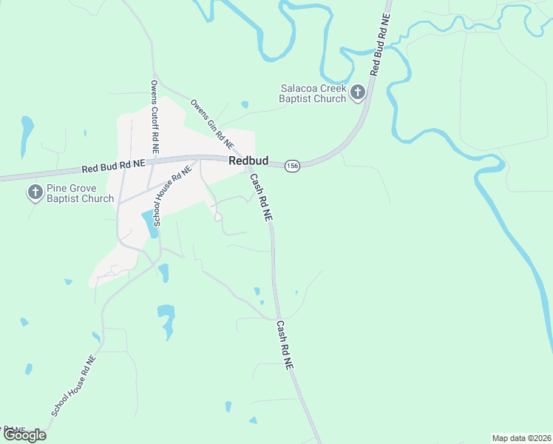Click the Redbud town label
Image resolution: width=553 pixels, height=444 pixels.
[x=248, y=161]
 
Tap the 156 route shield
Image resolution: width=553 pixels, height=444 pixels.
[x=293, y=164]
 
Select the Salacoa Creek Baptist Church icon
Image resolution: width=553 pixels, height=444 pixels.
[x=358, y=92]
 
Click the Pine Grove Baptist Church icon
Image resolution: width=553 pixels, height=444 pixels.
[x=35, y=193]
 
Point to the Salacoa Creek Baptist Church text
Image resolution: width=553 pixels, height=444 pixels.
[x=313, y=93]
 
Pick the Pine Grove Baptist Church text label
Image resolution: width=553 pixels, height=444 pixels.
[x=81, y=193]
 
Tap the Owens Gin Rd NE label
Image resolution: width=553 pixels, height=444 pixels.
[x=212, y=124]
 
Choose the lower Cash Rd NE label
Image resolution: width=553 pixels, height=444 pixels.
[x=285, y=346]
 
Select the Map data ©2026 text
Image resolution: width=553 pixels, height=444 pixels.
[x=521, y=438]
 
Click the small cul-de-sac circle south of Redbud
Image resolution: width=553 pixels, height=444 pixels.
[x=218, y=217]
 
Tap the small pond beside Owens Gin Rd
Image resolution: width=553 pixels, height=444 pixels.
[x=245, y=105]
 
